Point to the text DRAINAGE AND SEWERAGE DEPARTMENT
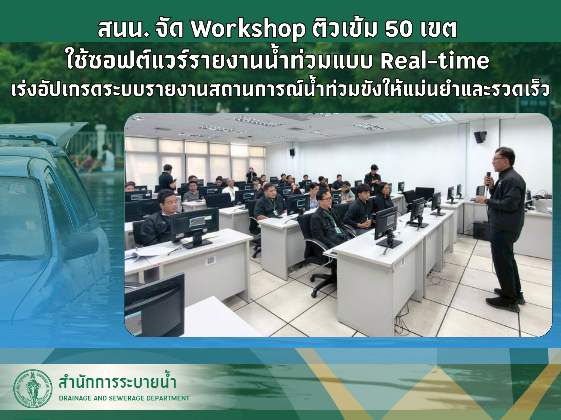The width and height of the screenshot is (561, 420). (x=124, y=398)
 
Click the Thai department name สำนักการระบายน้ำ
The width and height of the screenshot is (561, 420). (x=117, y=383)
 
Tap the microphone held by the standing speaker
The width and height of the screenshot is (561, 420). (x=488, y=178)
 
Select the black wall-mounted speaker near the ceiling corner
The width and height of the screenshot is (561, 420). (x=480, y=137)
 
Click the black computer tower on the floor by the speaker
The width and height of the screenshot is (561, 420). (x=481, y=231)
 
